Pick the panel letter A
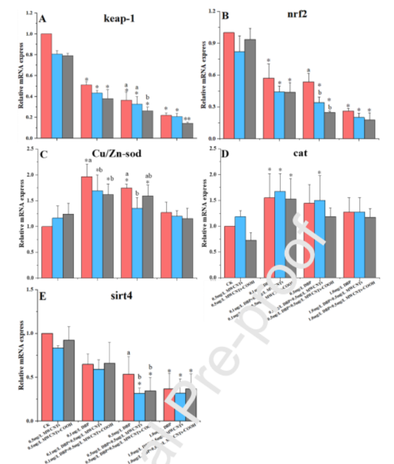point(42,18)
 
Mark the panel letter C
point(41,156)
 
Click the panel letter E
point(42,298)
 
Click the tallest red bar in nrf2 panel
point(229,85)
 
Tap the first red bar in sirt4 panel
point(47,377)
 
